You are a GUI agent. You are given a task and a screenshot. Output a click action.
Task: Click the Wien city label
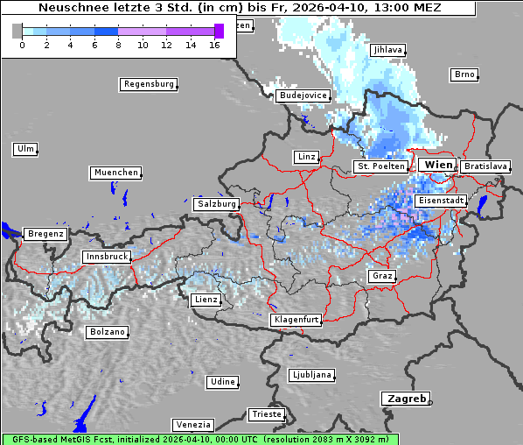tap(438, 165)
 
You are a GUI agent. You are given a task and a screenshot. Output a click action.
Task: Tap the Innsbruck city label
tap(106, 257)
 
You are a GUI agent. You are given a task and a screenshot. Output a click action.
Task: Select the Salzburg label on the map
tap(217, 203)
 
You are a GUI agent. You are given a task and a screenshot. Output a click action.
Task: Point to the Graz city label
tap(381, 276)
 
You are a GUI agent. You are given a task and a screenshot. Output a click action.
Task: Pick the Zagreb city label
tap(404, 399)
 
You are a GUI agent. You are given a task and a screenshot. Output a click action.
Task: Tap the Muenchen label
tap(115, 173)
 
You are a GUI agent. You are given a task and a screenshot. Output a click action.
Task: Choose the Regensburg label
tap(148, 84)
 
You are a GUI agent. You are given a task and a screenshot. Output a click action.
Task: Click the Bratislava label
tap(485, 166)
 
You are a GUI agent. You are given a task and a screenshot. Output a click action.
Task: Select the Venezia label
tap(192, 424)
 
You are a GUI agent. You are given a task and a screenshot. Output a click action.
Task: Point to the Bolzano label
tap(108, 332)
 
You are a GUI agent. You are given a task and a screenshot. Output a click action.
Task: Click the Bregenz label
tap(45, 234)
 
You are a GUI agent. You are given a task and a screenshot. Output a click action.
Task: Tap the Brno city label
tap(464, 74)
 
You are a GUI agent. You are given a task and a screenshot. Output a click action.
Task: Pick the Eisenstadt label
tap(441, 201)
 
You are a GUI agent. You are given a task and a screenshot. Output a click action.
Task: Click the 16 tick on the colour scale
tap(214, 44)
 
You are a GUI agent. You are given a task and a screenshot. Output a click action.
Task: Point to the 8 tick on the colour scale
tap(118, 44)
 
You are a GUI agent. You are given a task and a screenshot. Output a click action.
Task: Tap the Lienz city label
tap(205, 300)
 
